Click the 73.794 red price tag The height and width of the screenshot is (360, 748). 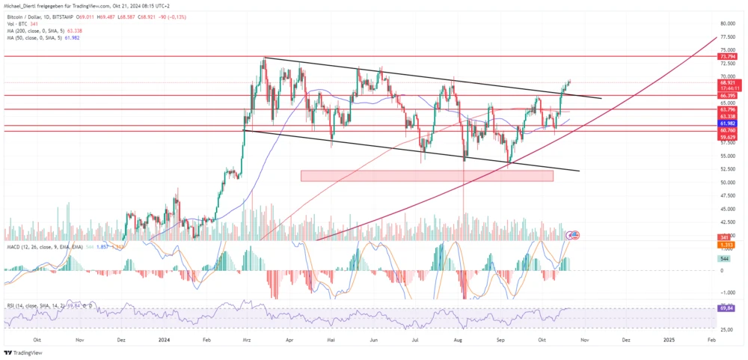pyautogui.click(x=728, y=57)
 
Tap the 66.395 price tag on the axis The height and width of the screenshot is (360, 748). pyautogui.click(x=728, y=96)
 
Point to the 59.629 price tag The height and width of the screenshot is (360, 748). pyautogui.click(x=728, y=137)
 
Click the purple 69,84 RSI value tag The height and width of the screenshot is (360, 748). pyautogui.click(x=724, y=308)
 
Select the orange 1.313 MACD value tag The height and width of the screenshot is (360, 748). pyautogui.click(x=724, y=245)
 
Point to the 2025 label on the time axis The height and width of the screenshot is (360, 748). pyautogui.click(x=669, y=339)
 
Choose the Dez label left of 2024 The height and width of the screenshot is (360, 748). pyautogui.click(x=121, y=339)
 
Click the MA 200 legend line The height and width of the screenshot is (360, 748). pyautogui.click(x=42, y=30)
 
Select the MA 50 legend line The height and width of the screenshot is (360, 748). pyautogui.click(x=40, y=37)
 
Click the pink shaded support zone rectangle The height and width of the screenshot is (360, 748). pyautogui.click(x=426, y=176)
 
